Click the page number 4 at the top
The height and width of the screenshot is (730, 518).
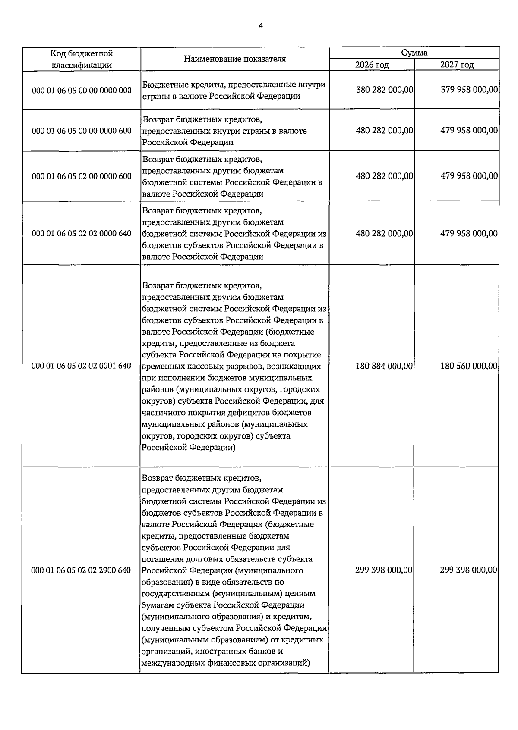[260, 26]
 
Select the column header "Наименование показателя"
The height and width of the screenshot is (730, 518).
[235, 59]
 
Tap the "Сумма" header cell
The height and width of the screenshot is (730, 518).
[414, 53]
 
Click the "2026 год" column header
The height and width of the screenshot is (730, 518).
[372, 65]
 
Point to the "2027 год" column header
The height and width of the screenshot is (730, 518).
[457, 65]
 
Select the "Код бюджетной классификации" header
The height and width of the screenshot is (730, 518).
[82, 59]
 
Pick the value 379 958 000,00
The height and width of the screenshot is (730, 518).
[469, 90]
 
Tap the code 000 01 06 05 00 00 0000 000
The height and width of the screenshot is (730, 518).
[82, 90]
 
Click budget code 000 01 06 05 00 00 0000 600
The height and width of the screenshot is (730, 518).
[82, 130]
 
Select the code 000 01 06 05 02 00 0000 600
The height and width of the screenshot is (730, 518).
[82, 176]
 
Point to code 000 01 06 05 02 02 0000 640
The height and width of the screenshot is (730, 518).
[82, 233]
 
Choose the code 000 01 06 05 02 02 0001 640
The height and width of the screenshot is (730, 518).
[82, 366]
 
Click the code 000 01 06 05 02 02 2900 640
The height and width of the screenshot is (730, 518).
[81, 570]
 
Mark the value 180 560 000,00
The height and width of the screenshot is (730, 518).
[469, 366]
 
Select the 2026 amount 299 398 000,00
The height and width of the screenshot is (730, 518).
[384, 570]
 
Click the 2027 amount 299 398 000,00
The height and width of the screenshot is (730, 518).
[469, 570]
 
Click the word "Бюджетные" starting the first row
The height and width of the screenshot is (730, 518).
[163, 85]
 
